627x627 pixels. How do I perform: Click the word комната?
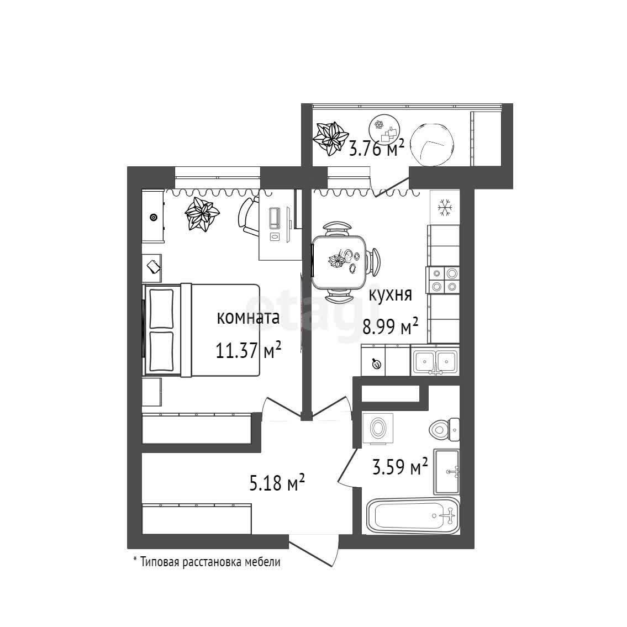[x=248, y=318]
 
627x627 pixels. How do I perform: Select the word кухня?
[x=391, y=294]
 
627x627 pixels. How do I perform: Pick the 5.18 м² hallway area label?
[x=277, y=484]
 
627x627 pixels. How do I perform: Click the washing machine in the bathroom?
[x=378, y=428]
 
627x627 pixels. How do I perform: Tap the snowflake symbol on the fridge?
[x=445, y=208]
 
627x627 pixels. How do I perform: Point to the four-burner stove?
[x=444, y=279]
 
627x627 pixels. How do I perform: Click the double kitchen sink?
[x=435, y=361]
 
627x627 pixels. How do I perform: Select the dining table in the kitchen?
[x=340, y=262]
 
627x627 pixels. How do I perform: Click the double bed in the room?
[x=202, y=330]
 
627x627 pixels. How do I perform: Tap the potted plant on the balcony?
[x=331, y=136]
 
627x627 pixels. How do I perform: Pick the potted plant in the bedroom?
[x=203, y=214]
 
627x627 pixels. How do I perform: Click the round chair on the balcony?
[x=435, y=143]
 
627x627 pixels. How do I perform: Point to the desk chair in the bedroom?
[x=249, y=217]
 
